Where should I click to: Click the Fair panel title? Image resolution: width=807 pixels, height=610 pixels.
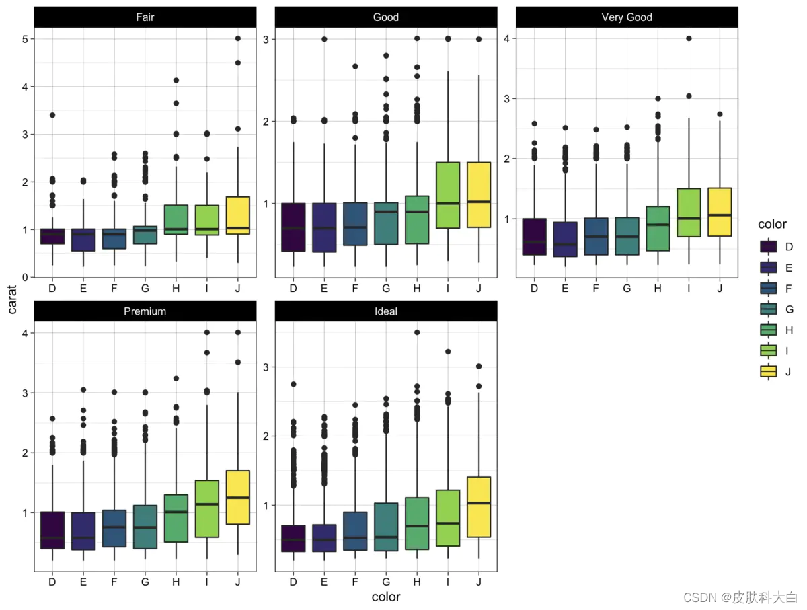tap(145, 17)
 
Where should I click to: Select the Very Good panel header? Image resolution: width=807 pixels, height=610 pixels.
tap(627, 17)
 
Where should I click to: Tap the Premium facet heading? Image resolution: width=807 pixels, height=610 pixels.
tap(145, 311)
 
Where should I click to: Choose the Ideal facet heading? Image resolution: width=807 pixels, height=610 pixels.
tap(386, 311)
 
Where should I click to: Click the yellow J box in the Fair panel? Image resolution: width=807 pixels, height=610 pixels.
tap(238, 215)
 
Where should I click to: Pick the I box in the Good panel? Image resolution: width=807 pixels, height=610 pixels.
tap(448, 195)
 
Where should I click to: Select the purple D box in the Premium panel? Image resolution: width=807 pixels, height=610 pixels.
tap(52, 530)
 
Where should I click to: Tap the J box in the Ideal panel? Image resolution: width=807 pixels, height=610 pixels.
tap(479, 506)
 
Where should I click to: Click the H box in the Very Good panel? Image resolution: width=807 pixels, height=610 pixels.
tap(658, 229)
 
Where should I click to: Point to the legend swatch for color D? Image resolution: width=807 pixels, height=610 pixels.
tap(769, 247)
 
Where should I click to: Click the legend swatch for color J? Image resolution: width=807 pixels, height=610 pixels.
tap(769, 371)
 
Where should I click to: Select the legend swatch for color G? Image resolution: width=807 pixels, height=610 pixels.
tap(769, 309)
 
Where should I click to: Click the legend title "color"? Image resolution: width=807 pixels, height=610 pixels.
tap(772, 224)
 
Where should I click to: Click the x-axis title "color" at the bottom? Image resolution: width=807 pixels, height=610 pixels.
tap(386, 597)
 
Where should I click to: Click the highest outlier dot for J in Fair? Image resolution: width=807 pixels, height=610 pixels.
tap(238, 38)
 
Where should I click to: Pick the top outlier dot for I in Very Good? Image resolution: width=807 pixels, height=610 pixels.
tap(689, 38)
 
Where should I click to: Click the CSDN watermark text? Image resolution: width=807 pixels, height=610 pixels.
tap(740, 597)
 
